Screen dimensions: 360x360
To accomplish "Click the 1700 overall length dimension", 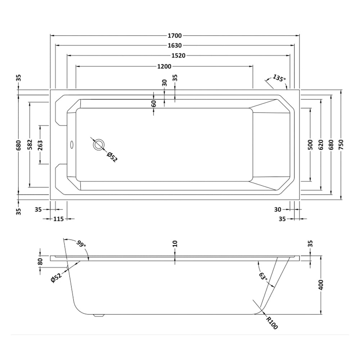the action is [175, 36].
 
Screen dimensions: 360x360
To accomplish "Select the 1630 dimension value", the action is [175, 45].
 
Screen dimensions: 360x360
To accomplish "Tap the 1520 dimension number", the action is [179, 55].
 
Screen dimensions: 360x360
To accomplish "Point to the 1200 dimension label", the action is [165, 66].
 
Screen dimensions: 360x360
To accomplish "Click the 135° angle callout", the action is [279, 78].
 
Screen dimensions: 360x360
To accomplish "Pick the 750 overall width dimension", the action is [341, 145].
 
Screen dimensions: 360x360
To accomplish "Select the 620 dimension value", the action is [321, 145].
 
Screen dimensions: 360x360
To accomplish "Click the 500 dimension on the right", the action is [310, 145].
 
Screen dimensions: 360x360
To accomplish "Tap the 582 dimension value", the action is [30, 145].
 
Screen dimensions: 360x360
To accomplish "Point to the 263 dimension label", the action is [40, 145].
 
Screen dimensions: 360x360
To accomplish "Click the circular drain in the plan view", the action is [99, 145].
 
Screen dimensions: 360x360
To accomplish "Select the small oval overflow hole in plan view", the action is [71, 145].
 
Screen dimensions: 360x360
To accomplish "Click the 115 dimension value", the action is [58, 219].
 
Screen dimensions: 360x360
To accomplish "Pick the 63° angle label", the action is [264, 276].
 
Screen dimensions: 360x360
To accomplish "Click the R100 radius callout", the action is [272, 323].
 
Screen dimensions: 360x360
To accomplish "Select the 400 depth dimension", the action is [321, 285].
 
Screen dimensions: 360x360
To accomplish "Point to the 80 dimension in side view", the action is [40, 262].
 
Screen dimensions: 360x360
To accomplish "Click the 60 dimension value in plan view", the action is [154, 104].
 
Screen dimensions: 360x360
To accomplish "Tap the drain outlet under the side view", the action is [99, 316].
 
